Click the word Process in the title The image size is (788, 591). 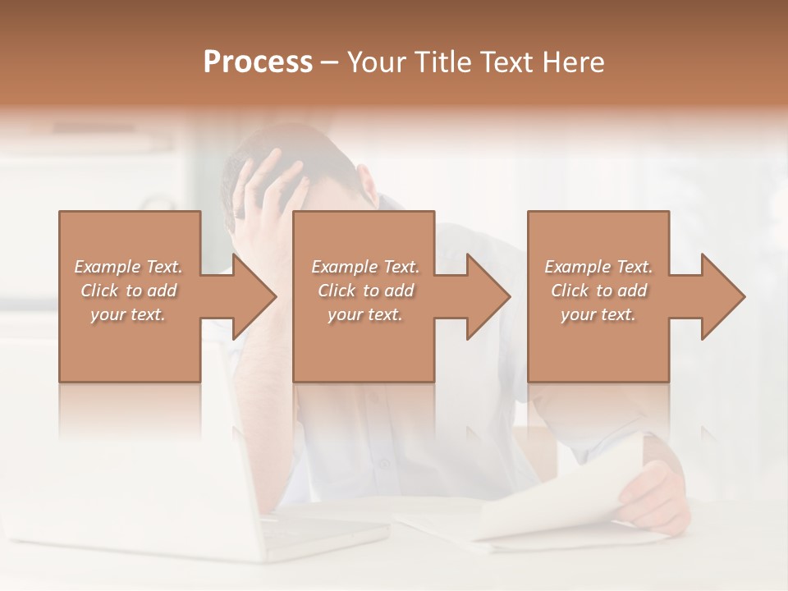point(258,62)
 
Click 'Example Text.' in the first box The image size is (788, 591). point(128,267)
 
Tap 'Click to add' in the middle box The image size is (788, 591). point(365,291)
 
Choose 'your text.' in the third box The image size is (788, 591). point(598,314)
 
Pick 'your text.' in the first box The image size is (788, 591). point(128,314)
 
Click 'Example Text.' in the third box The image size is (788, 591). point(598,267)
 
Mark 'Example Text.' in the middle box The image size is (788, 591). point(365,267)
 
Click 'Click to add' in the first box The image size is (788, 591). point(128,291)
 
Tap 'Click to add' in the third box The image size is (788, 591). point(598,291)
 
